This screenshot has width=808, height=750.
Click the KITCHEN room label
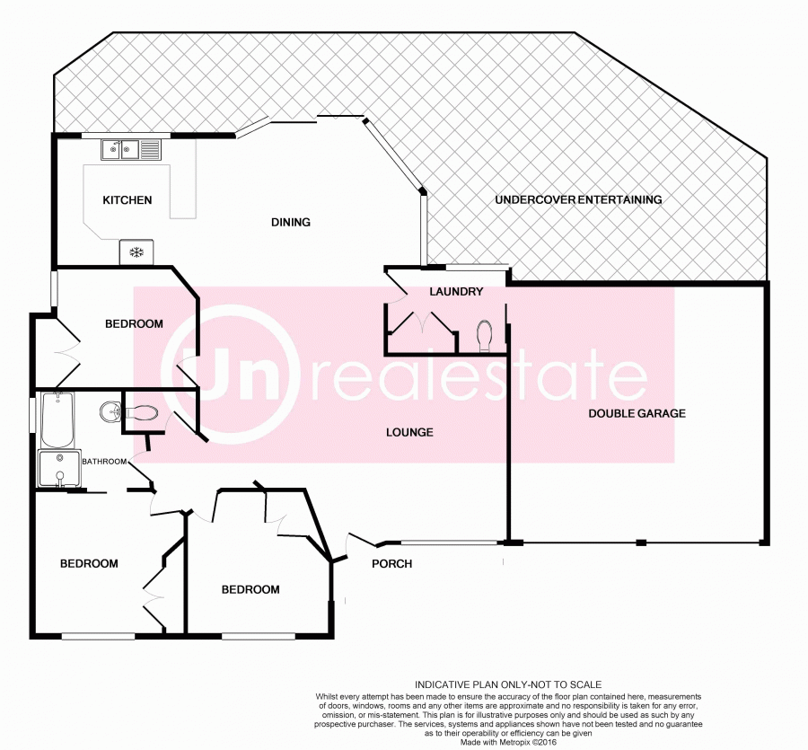coord(127,200)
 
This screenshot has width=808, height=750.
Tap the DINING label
coord(291,223)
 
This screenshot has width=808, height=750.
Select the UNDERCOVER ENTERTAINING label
coord(578,199)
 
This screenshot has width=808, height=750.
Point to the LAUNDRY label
coord(456,292)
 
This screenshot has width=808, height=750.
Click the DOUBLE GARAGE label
coord(637,414)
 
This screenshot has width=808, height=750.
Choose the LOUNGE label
coord(409,433)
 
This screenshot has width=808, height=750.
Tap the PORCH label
coord(392,564)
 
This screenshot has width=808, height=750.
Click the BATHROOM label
coord(104,462)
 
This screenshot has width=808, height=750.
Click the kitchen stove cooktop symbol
coord(137,252)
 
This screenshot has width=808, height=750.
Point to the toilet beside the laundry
coord(485,335)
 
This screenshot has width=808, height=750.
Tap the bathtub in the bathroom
coord(57,420)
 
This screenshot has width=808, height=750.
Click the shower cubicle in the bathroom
coord(58,469)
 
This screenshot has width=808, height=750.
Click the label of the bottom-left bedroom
coord(89,564)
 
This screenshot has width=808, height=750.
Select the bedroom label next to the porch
coord(250,590)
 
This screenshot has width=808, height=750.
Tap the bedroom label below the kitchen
coord(134,324)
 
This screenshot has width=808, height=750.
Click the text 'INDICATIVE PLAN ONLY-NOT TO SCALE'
coord(507,685)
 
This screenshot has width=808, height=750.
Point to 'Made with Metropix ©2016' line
coord(507,743)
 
